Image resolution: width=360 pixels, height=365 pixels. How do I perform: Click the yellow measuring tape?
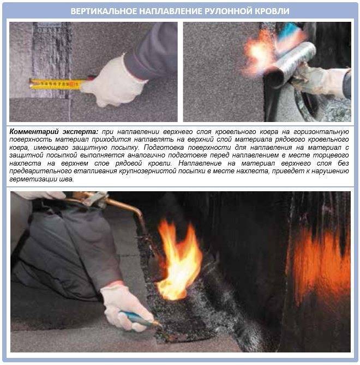click(x=56, y=84)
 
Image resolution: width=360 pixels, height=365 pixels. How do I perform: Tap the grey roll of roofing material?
click(x=291, y=63)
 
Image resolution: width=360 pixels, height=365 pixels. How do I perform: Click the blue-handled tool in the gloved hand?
click(x=139, y=318)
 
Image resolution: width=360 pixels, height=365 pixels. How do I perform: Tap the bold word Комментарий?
click(x=33, y=132)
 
